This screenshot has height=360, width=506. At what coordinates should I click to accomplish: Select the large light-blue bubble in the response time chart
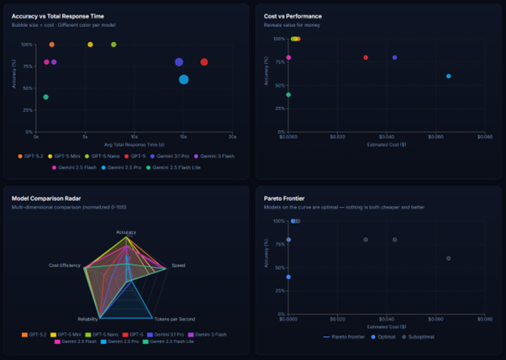click(x=183, y=79)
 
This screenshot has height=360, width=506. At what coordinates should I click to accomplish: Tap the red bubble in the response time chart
click(x=204, y=62)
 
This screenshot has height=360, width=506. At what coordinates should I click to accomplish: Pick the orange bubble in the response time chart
click(x=51, y=45)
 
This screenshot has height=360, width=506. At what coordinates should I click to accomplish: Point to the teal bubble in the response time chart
click(x=45, y=97)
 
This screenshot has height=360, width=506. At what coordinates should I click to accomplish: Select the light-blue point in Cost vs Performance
click(x=448, y=76)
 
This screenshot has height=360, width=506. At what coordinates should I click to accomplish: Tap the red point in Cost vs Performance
click(x=366, y=57)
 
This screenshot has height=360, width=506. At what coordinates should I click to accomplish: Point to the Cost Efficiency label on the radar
click(x=65, y=266)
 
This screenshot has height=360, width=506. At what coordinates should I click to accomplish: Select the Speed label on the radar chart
click(x=179, y=266)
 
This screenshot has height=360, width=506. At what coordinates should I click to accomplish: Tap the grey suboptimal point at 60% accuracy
click(x=448, y=258)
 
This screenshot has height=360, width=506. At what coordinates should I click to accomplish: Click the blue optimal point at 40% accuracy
click(x=288, y=277)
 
